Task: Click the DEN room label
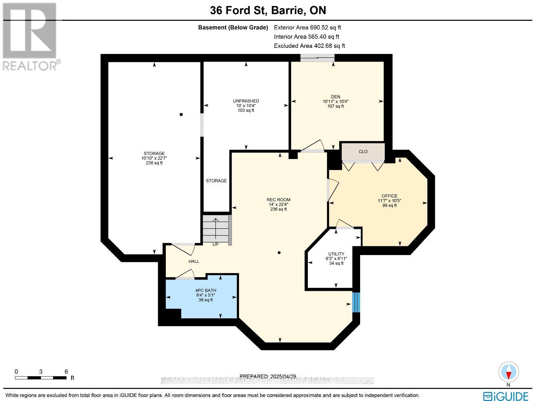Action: point(336,97)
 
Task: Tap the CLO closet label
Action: point(363,152)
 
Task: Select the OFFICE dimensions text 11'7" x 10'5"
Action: point(389,201)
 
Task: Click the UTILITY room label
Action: point(336,254)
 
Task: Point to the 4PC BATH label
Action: point(206,291)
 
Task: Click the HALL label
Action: point(194,261)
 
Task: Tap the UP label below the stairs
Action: point(216,244)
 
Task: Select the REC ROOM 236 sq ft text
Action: point(278,209)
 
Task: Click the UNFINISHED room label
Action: point(246,101)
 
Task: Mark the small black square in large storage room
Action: point(181,114)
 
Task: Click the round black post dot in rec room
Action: point(279,253)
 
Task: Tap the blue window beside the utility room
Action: point(356,302)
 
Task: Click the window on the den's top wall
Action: point(317,58)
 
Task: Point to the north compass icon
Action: point(509,372)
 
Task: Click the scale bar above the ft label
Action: point(40,378)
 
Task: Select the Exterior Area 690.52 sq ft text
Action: point(307,28)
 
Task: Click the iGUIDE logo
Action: point(506,396)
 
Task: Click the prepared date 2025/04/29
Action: point(268,376)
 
